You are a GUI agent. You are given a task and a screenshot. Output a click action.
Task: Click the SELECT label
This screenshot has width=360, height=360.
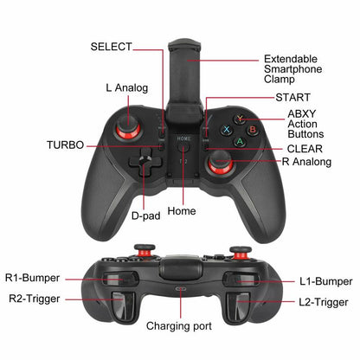(111, 46)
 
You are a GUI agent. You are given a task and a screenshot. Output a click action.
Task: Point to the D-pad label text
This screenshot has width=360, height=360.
(145, 215)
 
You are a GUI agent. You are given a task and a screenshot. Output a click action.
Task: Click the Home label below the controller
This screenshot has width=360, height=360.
(182, 210)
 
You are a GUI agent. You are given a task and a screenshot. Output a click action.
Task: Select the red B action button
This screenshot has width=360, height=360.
(252, 132)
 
